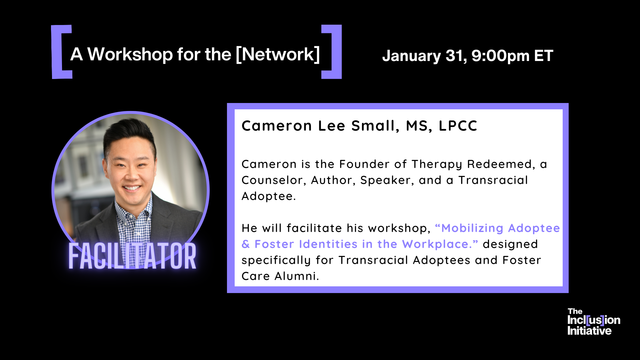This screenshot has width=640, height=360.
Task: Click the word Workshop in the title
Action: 130,54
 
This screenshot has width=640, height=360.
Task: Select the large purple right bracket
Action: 332,52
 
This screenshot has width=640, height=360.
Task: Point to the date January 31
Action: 424,56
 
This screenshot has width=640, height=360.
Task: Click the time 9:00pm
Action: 501,56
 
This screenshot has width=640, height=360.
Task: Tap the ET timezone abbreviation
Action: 544,56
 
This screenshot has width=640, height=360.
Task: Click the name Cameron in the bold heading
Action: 277,126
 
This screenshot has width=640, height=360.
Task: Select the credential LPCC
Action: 458,126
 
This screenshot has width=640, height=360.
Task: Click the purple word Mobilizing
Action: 472,228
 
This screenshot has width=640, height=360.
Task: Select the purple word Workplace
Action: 437,244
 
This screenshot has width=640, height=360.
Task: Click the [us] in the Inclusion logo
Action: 595,320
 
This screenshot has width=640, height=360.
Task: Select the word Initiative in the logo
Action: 589,331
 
